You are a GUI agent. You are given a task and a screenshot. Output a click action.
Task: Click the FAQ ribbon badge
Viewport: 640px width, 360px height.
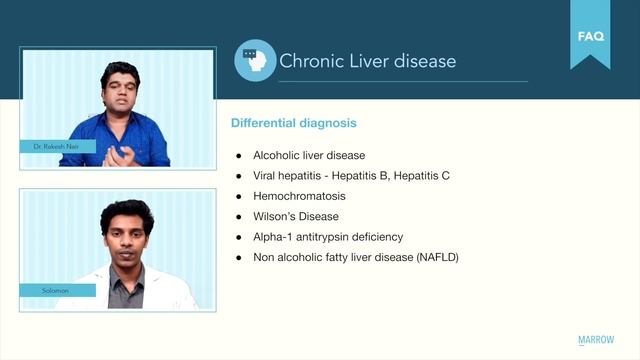[590, 37]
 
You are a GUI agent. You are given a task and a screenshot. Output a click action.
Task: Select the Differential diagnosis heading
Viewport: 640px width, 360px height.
[293, 123]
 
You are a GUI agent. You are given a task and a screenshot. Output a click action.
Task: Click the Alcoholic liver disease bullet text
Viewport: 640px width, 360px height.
[309, 156]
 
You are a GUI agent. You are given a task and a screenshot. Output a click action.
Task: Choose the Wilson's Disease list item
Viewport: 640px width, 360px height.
[296, 216]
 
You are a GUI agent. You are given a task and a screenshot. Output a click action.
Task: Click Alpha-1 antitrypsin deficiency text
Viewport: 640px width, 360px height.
[329, 237]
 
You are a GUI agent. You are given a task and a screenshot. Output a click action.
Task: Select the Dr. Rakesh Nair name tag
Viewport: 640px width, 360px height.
[56, 147]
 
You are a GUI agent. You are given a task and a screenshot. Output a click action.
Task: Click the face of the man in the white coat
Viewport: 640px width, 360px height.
[127, 231]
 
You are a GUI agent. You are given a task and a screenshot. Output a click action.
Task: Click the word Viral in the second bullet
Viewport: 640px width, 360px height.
[266, 176]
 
